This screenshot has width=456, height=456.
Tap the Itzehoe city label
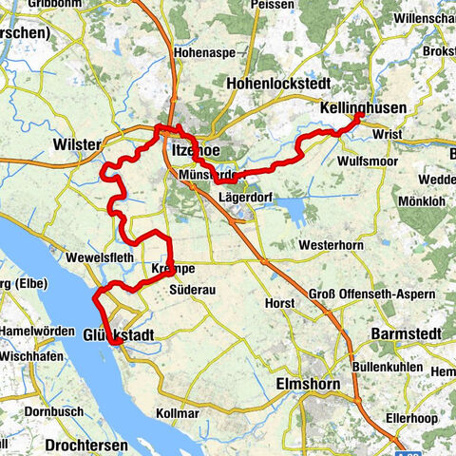pos(197,150)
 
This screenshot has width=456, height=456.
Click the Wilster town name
pos(78,144)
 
